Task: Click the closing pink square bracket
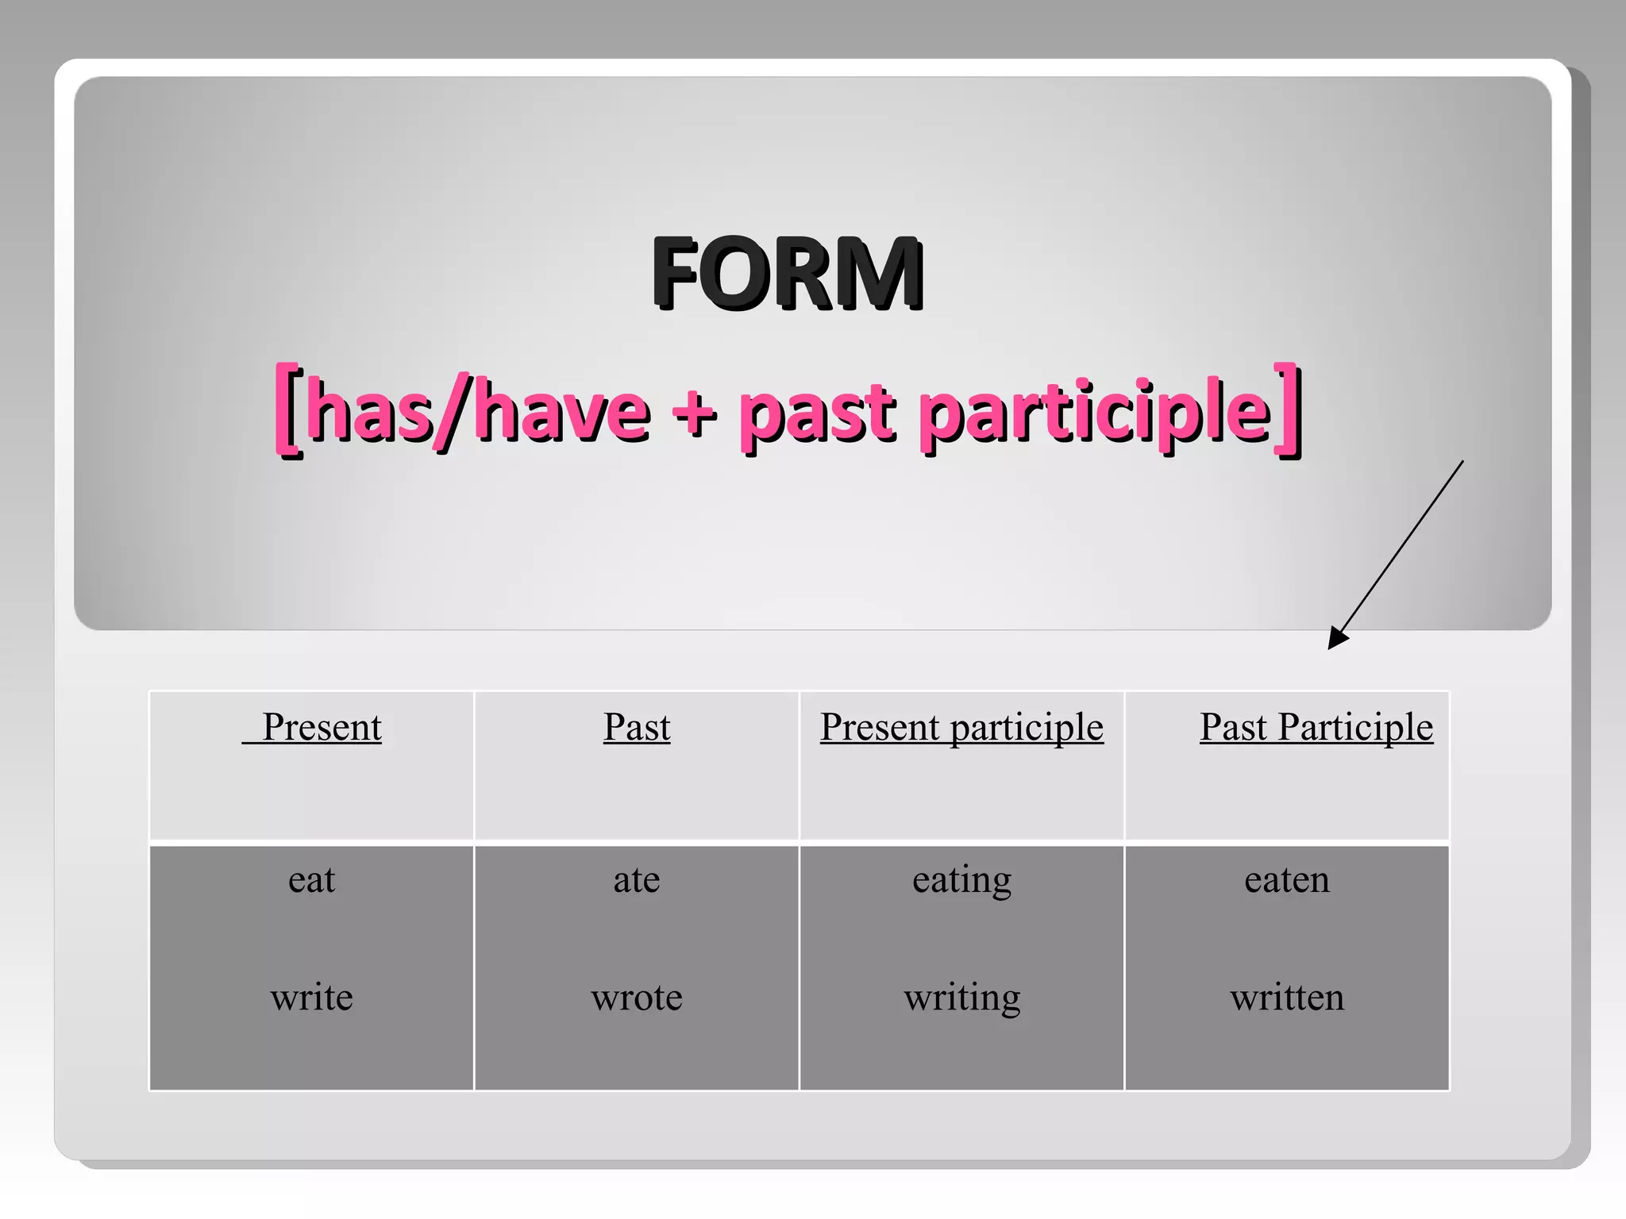point(1288,410)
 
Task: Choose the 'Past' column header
point(637,727)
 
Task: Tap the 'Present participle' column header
point(961,727)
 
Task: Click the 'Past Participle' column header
point(1316,727)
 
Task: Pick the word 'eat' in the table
point(311,879)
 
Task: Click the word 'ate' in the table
point(637,879)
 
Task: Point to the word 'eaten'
point(1287,879)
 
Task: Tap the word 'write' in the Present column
point(311,997)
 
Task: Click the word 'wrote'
point(637,997)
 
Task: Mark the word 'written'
point(1287,997)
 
